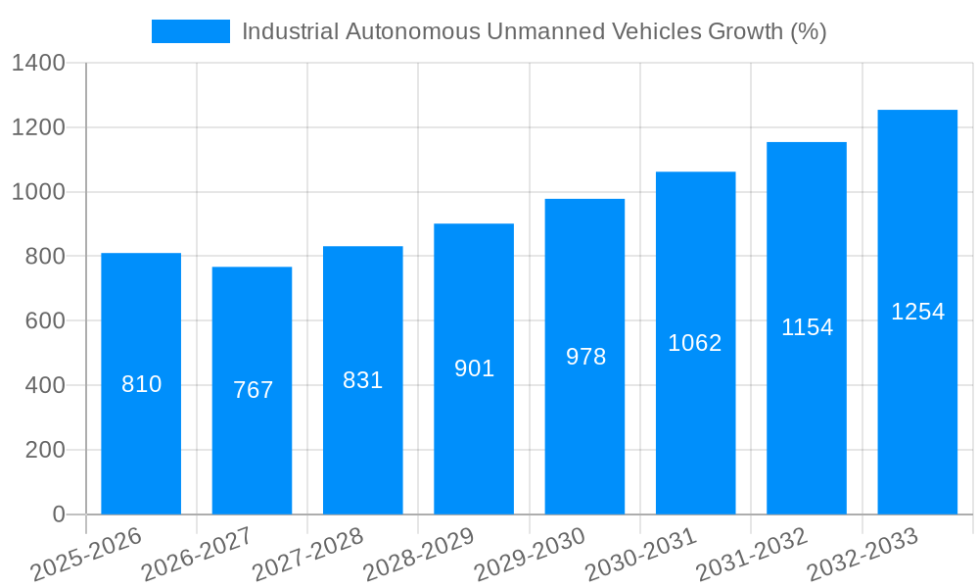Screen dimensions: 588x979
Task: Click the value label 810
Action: (x=141, y=384)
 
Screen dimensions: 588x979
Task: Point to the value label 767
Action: (x=253, y=390)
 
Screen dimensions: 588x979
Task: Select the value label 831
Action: (x=362, y=380)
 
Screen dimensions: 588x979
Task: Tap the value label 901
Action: (x=474, y=368)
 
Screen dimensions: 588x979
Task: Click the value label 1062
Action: (x=695, y=343)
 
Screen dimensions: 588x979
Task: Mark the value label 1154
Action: (x=807, y=327)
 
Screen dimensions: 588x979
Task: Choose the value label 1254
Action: (x=917, y=312)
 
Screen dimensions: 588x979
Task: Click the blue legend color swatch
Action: (x=190, y=31)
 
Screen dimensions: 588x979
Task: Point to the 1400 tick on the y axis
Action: (x=37, y=64)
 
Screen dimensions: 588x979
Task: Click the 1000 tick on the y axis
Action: (x=37, y=192)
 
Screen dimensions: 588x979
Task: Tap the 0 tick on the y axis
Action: (x=58, y=514)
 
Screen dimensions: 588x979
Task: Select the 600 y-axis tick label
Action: (x=44, y=321)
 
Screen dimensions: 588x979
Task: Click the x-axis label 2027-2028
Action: (x=308, y=554)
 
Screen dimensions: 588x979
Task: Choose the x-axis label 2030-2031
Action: (x=641, y=554)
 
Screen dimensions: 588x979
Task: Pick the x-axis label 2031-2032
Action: (x=752, y=554)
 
